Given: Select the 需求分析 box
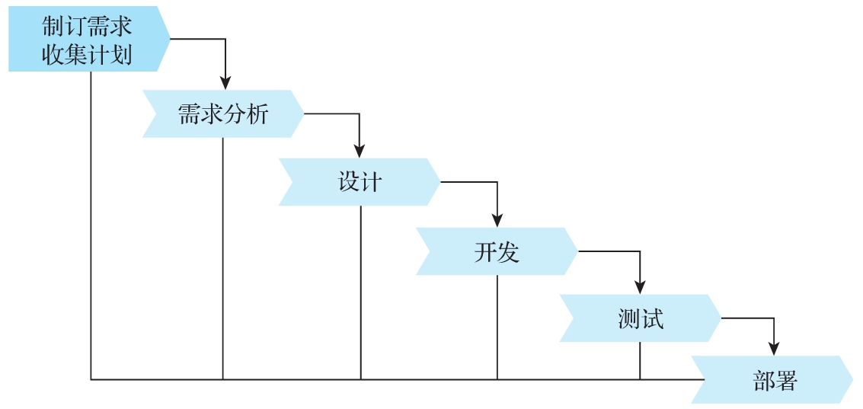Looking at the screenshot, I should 222,114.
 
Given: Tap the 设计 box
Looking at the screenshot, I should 360,182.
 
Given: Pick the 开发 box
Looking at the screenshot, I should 497,251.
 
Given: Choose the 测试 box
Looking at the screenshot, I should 640,318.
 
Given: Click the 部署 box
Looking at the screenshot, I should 774,380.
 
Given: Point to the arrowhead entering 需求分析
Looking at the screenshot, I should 225,82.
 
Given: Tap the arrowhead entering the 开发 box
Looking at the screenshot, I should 497,219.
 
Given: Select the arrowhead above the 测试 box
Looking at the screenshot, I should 640,287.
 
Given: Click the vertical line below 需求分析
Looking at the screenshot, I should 222,259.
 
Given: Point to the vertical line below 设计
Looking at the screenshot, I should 360,293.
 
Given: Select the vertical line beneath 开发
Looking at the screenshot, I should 497,328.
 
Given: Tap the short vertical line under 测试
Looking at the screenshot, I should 640,361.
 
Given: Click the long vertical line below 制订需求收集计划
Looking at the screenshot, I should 91,228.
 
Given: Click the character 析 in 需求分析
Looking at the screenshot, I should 258,114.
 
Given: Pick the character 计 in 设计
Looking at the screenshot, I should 372,182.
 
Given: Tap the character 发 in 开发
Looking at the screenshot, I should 509,251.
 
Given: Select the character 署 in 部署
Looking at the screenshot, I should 786,380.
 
